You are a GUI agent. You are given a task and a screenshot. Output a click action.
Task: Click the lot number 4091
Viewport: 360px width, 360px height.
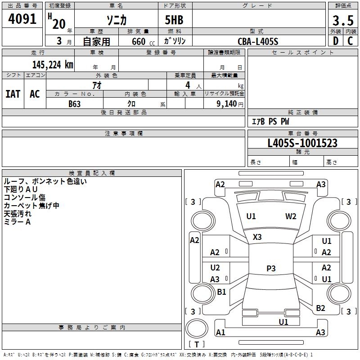[22, 20]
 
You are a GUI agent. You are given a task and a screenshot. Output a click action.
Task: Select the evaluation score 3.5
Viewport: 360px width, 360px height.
[343, 21]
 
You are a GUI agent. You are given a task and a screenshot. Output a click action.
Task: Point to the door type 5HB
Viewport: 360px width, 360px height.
[171, 20]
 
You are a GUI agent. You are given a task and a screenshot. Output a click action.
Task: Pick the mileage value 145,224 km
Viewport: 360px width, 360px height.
[52, 64]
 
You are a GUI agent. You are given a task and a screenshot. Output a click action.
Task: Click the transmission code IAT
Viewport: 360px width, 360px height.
[13, 94]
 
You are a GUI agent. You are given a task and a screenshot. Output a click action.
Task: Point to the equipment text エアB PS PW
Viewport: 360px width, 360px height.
[270, 121]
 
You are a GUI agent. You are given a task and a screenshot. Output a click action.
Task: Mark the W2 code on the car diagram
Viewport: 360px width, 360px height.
[291, 216]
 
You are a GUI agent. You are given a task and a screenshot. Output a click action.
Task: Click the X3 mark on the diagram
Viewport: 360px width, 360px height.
[257, 237]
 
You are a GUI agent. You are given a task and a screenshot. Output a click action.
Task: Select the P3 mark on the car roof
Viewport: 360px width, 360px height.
[270, 268]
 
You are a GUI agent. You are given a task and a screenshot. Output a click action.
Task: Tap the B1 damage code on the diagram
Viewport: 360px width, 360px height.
[221, 292]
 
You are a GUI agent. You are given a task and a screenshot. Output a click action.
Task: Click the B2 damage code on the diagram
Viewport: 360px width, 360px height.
[320, 308]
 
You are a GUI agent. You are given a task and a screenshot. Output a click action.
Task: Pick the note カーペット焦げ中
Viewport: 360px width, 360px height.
[31, 206]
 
